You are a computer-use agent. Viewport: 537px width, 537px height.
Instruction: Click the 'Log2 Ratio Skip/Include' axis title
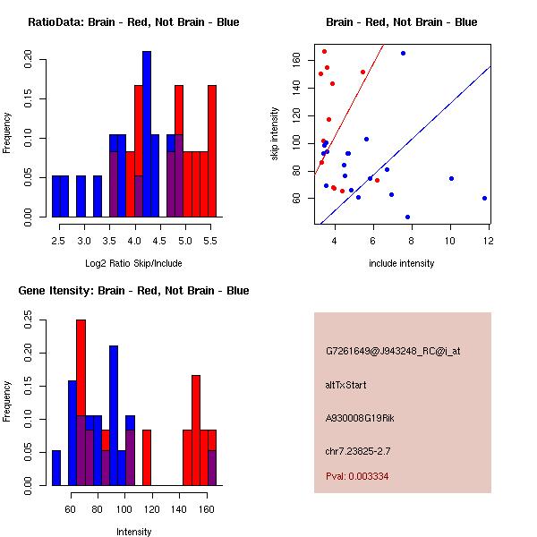pyautogui.click(x=133, y=263)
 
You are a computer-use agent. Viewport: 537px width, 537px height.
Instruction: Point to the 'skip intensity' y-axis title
pyautogui.click(x=275, y=134)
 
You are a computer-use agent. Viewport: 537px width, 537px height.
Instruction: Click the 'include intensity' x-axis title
pyautogui.click(x=402, y=263)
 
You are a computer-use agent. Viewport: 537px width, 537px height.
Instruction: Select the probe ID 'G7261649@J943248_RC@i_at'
pyautogui.click(x=393, y=352)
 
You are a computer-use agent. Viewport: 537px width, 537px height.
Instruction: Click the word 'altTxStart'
pyautogui.click(x=346, y=385)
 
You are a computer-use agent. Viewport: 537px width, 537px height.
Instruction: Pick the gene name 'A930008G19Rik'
pyautogui.click(x=360, y=417)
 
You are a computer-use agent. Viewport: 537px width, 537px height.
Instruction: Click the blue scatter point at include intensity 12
pyautogui.click(x=484, y=198)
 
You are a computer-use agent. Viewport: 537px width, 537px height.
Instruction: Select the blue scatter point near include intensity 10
pyautogui.click(x=451, y=178)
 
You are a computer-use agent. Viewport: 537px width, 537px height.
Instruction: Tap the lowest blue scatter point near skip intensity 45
pyautogui.click(x=407, y=217)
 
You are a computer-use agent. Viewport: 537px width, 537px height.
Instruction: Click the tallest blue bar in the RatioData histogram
pyautogui.click(x=147, y=134)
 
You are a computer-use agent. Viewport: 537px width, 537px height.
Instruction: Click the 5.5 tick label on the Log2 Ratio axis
pyautogui.click(x=211, y=241)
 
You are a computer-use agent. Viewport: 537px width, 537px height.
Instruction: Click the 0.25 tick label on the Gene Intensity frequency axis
pyautogui.click(x=28, y=318)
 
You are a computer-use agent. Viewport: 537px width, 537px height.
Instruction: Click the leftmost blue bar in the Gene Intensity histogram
pyautogui.click(x=56, y=467)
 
